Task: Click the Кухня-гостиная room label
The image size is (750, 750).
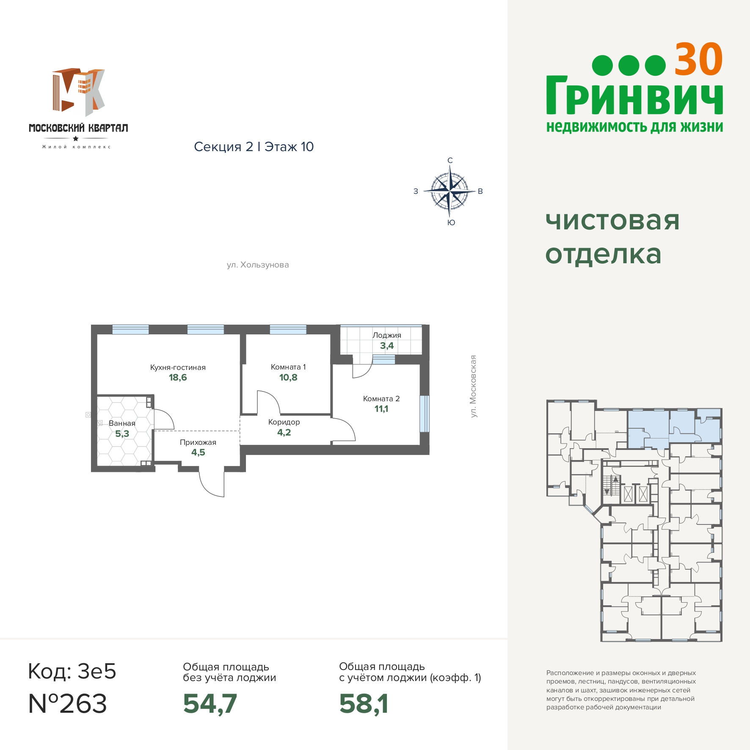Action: coord(178,367)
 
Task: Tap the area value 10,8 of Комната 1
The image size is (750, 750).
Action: coord(288,378)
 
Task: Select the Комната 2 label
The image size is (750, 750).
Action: coord(381,399)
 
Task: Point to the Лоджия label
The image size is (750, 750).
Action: coord(387,335)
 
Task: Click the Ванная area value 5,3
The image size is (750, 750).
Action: coord(122,434)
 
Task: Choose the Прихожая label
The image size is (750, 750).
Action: coord(198,442)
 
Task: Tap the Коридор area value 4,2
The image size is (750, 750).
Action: coord(284,433)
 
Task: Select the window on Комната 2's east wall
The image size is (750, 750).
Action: coord(424,414)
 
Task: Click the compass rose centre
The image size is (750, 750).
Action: coord(449,191)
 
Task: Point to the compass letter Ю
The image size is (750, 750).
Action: coord(451,223)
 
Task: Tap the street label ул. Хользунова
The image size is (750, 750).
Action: coord(258,265)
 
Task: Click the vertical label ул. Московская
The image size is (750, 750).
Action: coord(473,386)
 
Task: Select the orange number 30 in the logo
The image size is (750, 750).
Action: coord(698,59)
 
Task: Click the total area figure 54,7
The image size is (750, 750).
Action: coord(210,703)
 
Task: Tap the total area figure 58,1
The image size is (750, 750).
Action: coord(364,703)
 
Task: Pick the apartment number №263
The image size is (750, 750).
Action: coord(67,703)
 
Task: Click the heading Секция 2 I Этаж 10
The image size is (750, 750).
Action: coord(254,147)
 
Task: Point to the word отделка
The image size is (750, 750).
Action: coord(603,255)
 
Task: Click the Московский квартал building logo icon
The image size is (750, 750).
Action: coord(79,92)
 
